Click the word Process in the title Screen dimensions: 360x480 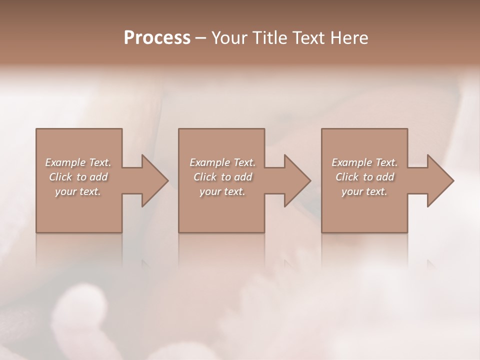pos(157,38)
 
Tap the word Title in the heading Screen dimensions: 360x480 pos(270,38)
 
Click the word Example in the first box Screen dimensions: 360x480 pos(65,162)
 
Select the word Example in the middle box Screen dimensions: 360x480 pos(209,162)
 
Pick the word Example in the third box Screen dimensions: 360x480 pos(351,162)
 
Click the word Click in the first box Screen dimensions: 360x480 pos(60,177)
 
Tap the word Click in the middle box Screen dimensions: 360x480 pos(205,177)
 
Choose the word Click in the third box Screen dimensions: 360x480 pos(347,177)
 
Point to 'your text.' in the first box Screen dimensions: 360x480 pos(77,191)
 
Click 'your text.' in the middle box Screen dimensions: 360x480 pos(222,191)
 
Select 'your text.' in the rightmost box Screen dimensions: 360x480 pos(364,191)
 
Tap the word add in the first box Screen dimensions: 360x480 pos(98,177)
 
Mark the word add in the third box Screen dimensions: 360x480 pos(385,177)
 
